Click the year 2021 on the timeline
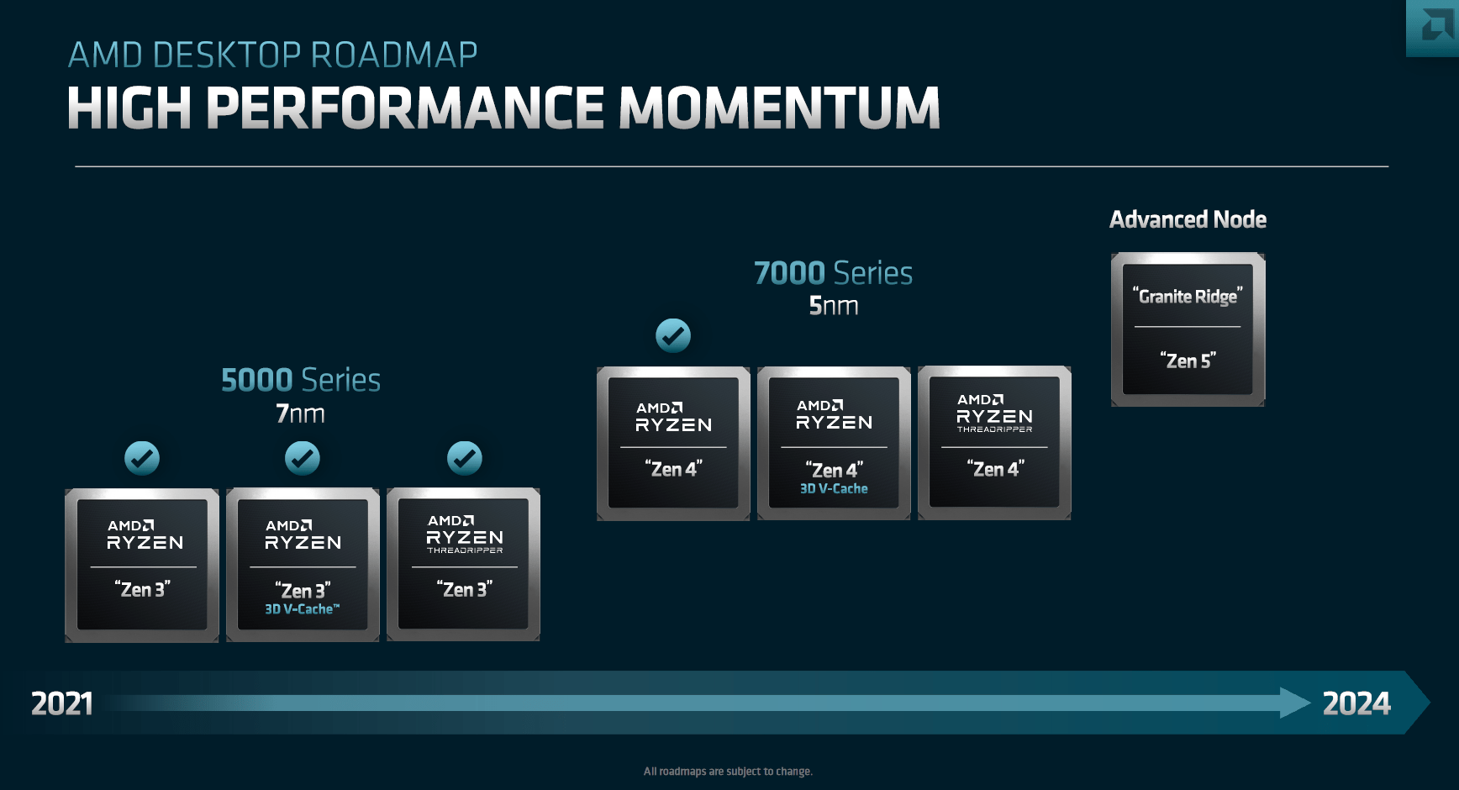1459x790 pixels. pyautogui.click(x=62, y=703)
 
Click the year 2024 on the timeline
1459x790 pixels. pyautogui.click(x=1356, y=703)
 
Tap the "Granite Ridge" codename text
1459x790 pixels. pyautogui.click(x=1188, y=296)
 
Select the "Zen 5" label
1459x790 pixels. pyautogui.click(x=1188, y=361)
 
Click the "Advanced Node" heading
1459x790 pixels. pyautogui.click(x=1188, y=219)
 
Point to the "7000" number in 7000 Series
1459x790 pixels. pyautogui.click(x=789, y=273)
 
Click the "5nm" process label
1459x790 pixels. pyautogui.click(x=833, y=306)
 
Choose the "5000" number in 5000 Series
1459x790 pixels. pyautogui.click(x=256, y=380)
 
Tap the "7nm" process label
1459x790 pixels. pyautogui.click(x=300, y=413)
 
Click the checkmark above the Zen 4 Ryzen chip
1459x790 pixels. pyautogui.click(x=673, y=335)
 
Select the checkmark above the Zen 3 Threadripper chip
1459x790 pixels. pyautogui.click(x=464, y=458)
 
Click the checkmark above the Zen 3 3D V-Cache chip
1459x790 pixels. pyautogui.click(x=303, y=458)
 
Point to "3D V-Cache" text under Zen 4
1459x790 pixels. pyautogui.click(x=834, y=488)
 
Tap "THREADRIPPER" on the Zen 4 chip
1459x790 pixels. pyautogui.click(x=994, y=429)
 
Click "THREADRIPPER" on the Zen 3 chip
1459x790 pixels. pyautogui.click(x=464, y=550)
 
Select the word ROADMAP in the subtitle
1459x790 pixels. pyautogui.click(x=393, y=55)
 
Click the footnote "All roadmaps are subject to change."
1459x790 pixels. pyautogui.click(x=728, y=772)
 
